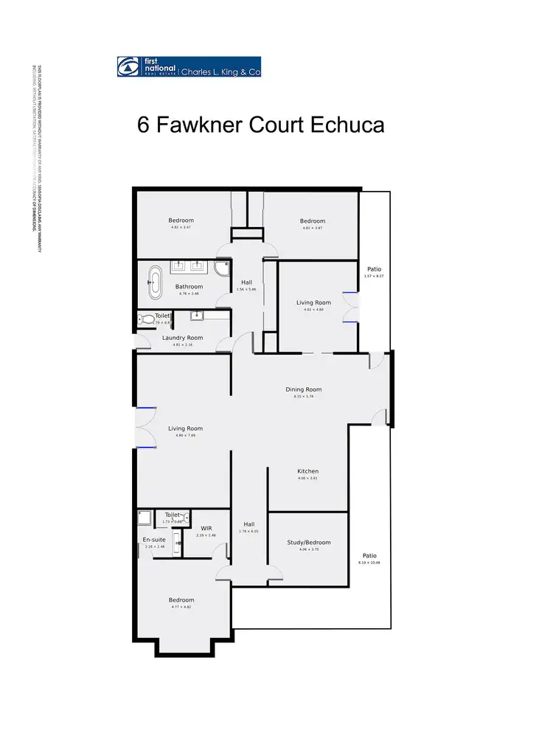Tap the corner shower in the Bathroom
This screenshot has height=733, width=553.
pyautogui.click(x=221, y=268)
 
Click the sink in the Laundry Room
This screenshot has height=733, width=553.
pyautogui.click(x=197, y=315)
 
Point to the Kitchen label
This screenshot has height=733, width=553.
pyautogui.click(x=307, y=471)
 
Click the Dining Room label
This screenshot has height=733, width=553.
pyautogui.click(x=304, y=389)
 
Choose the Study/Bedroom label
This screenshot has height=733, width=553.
pyautogui.click(x=309, y=542)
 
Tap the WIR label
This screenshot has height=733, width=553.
pyautogui.click(x=206, y=527)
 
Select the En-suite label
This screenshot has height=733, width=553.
pyautogui.click(x=154, y=539)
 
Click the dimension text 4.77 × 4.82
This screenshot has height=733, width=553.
pyautogui.click(x=181, y=607)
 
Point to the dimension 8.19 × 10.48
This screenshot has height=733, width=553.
pyautogui.click(x=369, y=563)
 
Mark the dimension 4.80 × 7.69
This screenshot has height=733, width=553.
pyautogui.click(x=185, y=436)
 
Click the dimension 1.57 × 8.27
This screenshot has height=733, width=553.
pyautogui.click(x=374, y=276)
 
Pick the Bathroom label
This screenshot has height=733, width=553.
pyautogui.click(x=189, y=287)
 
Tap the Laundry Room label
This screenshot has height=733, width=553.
pyautogui.click(x=182, y=338)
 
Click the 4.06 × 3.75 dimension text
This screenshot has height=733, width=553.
pyautogui.click(x=309, y=549)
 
